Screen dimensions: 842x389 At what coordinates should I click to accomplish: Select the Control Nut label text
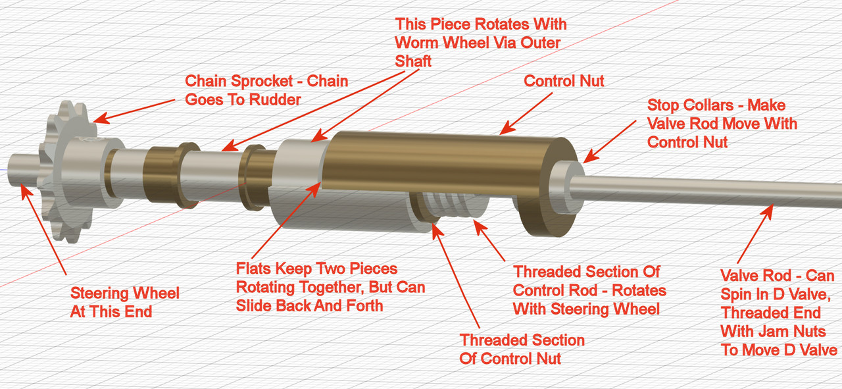point(564,81)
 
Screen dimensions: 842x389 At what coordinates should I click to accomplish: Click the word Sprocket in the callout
point(262,81)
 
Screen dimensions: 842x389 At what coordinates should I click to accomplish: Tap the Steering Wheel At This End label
point(125,303)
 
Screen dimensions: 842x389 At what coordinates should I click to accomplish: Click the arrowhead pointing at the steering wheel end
point(26,191)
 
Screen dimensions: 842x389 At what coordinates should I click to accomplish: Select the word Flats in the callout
point(254,269)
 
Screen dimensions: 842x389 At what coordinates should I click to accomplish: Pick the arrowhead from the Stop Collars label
point(589,156)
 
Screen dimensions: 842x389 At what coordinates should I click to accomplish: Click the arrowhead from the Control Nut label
point(507,128)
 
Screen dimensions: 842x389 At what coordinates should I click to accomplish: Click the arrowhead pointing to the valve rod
point(767,211)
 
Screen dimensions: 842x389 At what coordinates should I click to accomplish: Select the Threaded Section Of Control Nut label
point(522,349)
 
